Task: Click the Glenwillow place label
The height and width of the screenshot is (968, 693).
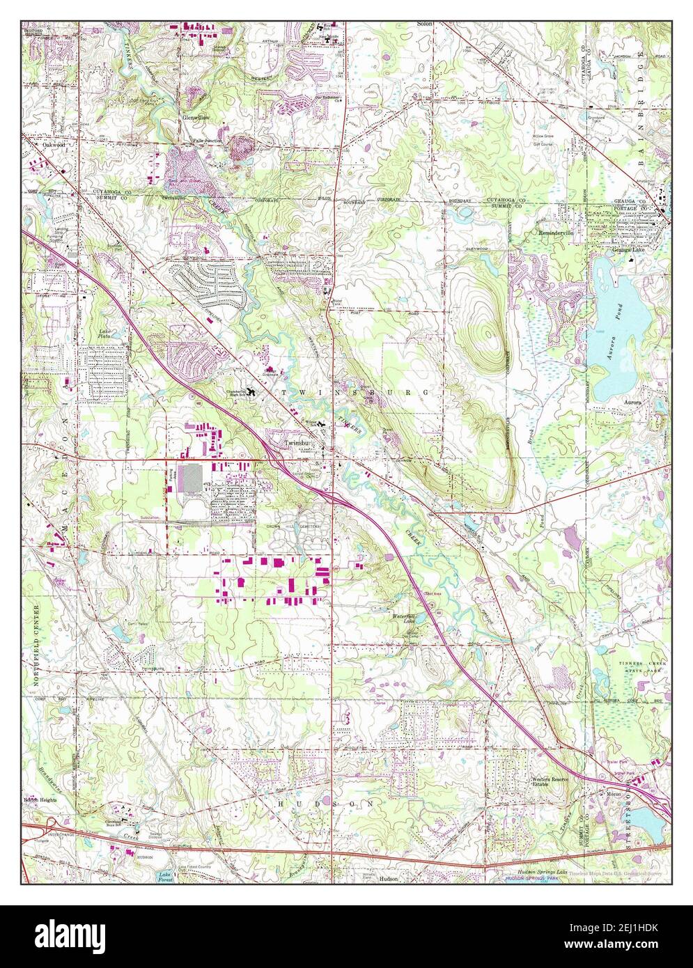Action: pos(196,118)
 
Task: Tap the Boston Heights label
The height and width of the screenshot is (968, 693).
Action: pos(40,799)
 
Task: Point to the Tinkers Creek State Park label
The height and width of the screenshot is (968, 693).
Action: pos(632,664)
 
